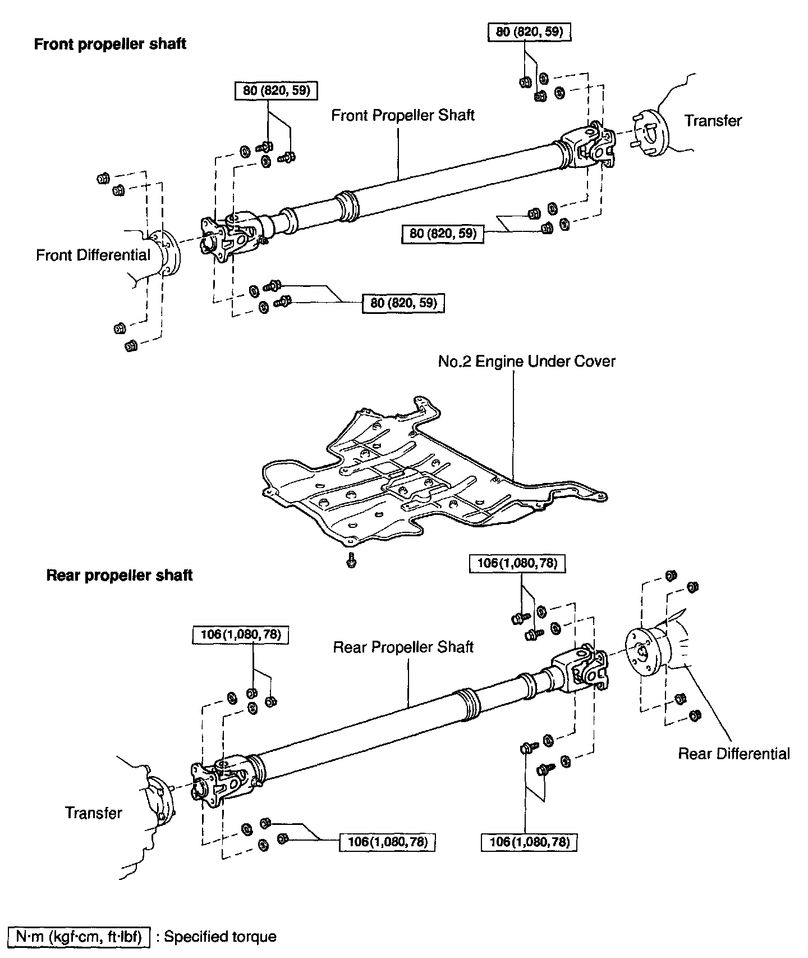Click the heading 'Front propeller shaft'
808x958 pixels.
[x=110, y=44]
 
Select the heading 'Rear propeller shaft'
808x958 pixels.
[x=120, y=576]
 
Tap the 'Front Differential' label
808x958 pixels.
[x=93, y=255]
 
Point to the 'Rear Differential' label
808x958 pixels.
[x=733, y=754]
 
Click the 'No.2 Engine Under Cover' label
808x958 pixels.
[x=526, y=361]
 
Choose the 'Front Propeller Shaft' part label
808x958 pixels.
[x=403, y=116]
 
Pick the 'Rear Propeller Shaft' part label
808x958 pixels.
[x=403, y=647]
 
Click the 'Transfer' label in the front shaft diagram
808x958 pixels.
[x=713, y=121]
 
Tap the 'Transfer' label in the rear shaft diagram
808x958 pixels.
[x=93, y=813]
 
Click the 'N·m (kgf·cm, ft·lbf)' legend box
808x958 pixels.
[x=79, y=937]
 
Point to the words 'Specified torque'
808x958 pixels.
[x=220, y=937]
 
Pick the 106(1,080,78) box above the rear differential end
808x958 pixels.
[x=517, y=563]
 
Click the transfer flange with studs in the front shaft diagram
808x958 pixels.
[x=651, y=134]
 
